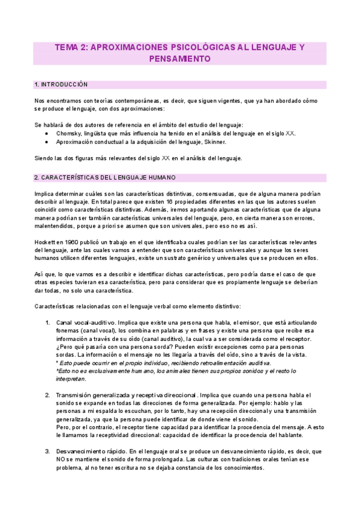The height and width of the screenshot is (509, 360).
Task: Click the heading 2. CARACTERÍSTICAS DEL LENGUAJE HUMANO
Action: click(105, 178)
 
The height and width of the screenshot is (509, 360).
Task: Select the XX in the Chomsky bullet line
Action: click(290, 133)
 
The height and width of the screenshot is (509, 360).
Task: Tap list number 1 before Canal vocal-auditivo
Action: click(47, 323)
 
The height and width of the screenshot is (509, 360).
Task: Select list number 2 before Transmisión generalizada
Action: click(47, 395)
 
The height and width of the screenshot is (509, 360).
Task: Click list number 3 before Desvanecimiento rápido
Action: click(47, 451)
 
